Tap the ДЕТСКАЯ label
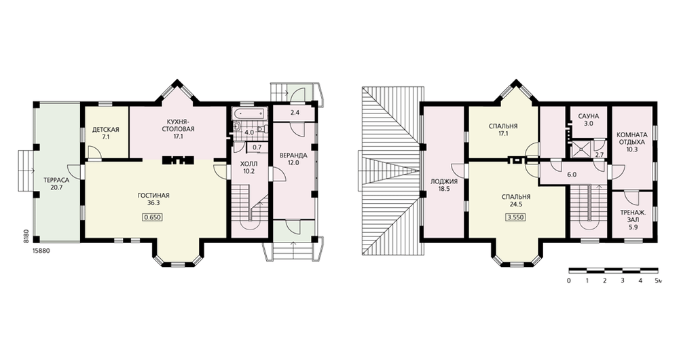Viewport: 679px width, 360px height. [106, 130]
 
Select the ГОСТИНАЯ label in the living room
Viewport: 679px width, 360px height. [153, 196]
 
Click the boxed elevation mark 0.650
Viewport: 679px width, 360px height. [153, 217]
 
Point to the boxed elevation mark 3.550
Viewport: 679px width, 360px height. [516, 217]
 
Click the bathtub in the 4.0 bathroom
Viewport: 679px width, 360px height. [248, 114]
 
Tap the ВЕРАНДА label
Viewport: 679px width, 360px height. [293, 155]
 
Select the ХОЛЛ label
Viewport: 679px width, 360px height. [249, 164]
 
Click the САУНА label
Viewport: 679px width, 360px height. [589, 117]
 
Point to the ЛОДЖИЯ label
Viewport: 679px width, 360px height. [444, 182]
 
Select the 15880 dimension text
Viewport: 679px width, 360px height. [41, 251]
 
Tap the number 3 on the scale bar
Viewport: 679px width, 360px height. [622, 281]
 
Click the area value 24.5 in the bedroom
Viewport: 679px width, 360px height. [516, 204]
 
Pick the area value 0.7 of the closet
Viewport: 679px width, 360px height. [257, 147]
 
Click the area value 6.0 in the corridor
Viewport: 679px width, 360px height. [572, 175]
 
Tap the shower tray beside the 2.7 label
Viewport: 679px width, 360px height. [581, 149]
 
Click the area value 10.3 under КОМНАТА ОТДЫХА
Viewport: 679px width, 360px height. [632, 149]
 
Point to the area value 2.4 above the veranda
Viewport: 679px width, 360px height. [295, 113]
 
